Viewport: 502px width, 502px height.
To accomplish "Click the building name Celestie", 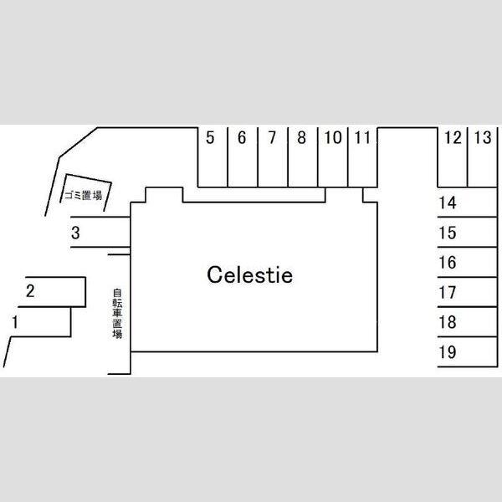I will [249, 274].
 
